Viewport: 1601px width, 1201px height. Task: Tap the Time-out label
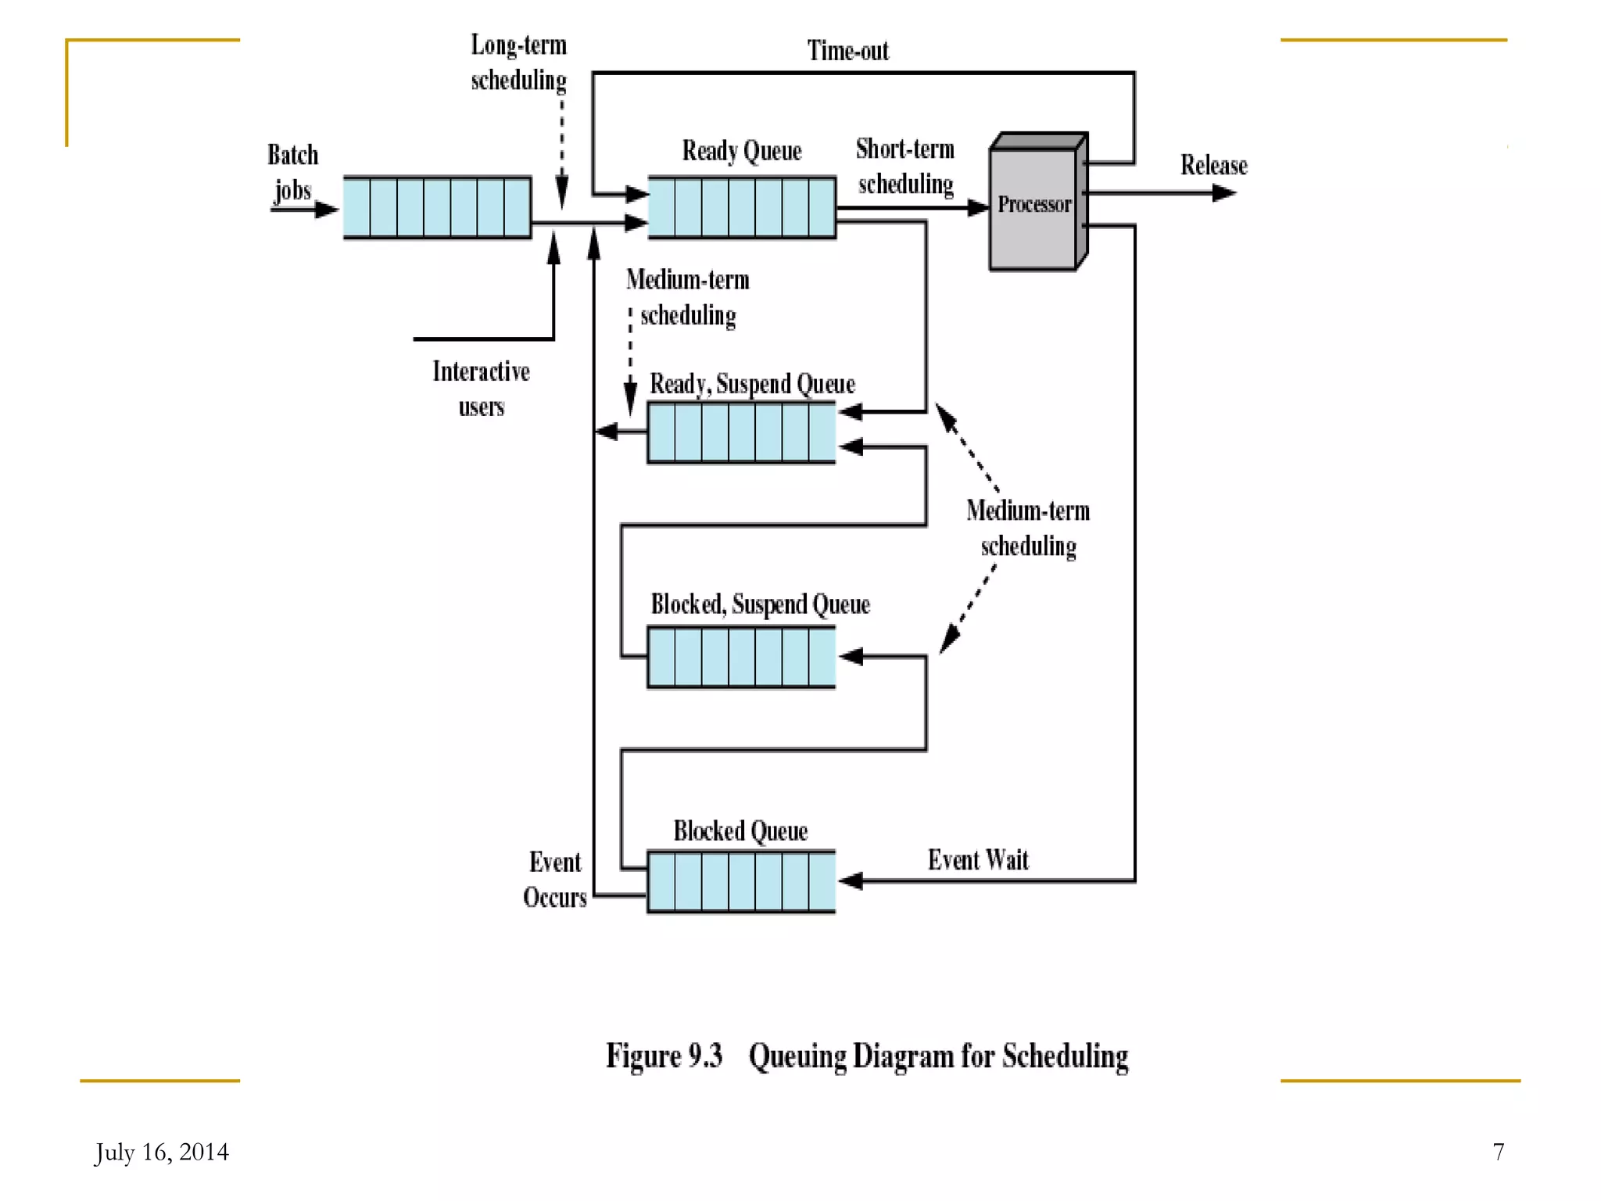tap(847, 52)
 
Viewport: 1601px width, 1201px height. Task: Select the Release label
tap(1213, 166)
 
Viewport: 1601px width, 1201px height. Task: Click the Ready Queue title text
tap(741, 151)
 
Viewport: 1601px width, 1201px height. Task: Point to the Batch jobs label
tap(292, 173)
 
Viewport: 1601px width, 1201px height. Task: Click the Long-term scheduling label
tap(518, 63)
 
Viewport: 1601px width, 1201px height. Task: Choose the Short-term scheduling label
tap(905, 166)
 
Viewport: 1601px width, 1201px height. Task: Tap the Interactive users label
tap(481, 389)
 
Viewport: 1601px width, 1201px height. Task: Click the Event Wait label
tap(978, 860)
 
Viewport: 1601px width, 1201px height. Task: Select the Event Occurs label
tap(554, 880)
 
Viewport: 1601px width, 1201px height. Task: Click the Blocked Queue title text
tap(740, 831)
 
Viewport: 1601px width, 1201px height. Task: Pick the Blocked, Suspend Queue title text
tap(760, 604)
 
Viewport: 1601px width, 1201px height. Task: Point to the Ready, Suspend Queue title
tap(752, 384)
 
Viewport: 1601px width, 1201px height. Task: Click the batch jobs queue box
tap(437, 207)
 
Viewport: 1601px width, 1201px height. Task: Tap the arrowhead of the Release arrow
tap(1225, 192)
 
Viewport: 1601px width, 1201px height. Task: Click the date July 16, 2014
tap(162, 1152)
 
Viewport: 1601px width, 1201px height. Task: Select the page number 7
tap(1498, 1152)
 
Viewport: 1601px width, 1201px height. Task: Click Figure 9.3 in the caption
tap(664, 1056)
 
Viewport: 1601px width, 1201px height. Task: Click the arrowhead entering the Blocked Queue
tap(850, 881)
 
